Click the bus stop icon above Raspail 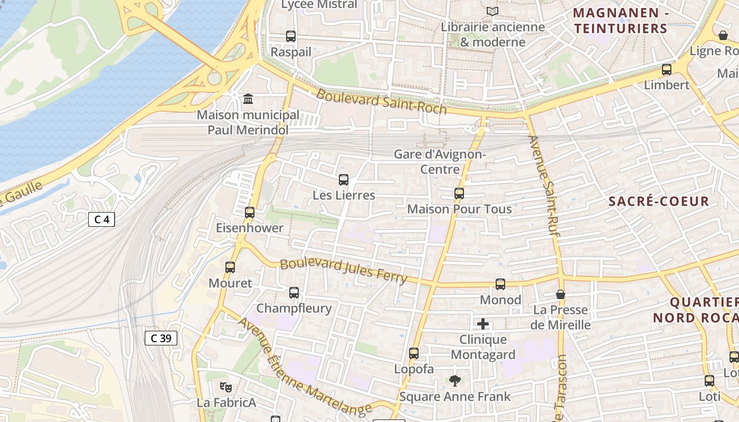[x=291, y=36]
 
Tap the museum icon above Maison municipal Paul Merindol [x=248, y=99]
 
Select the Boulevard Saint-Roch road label [x=381, y=102]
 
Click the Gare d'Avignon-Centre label [x=440, y=162]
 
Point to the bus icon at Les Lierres [x=344, y=180]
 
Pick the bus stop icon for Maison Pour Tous [x=459, y=194]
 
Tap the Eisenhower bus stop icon [x=250, y=213]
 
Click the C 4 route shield [x=101, y=219]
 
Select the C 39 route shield [x=161, y=338]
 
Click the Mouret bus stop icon [x=230, y=267]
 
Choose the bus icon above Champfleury [x=294, y=293]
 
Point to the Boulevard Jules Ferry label [x=344, y=271]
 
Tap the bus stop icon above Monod [x=500, y=284]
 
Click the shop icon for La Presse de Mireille [x=561, y=294]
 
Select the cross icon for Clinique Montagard [x=483, y=324]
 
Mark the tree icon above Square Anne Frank [x=454, y=380]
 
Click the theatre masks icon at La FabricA [x=226, y=387]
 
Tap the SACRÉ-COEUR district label [x=659, y=202]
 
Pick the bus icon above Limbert [x=667, y=70]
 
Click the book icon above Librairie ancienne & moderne [x=492, y=11]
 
